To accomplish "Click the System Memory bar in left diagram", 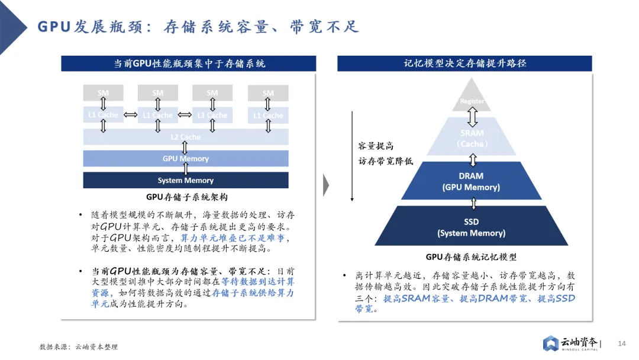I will coord(185,180).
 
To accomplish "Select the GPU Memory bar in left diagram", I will coord(185,159).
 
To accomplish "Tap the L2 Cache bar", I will coord(185,137).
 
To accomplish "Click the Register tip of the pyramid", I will coord(472,101).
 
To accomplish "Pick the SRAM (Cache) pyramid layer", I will coord(472,139).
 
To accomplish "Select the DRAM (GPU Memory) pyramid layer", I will coord(472,181).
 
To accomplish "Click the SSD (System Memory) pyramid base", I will coord(472,227).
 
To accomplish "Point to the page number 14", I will coord(621,343).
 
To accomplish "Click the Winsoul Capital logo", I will coord(571,343).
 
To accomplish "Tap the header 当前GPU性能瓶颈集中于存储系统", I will coord(189,63).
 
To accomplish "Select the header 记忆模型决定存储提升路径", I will coord(464,63).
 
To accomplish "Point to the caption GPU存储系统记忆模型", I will coord(471,257).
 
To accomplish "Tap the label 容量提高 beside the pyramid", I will coord(376,146).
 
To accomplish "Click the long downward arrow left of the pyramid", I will coord(352,156).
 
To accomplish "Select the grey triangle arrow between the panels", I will coord(326,185).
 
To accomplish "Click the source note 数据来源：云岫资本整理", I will coord(79,347).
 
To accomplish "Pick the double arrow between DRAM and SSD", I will coord(473,204).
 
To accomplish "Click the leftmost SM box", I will coord(103,92).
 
